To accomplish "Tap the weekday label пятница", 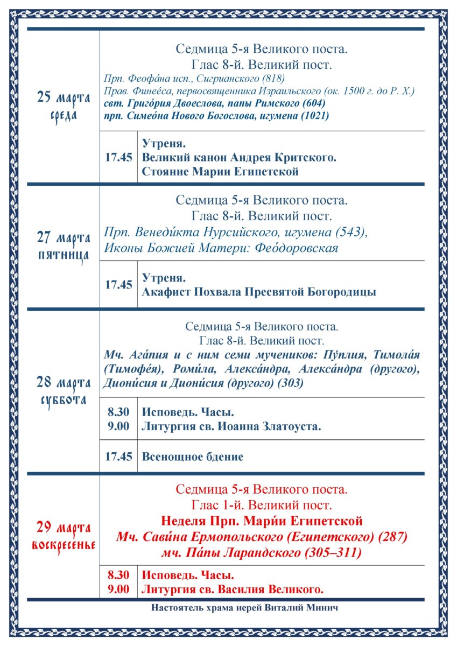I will [x=64, y=255].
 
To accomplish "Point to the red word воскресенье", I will [x=64, y=544].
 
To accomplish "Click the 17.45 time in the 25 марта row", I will [x=118, y=158].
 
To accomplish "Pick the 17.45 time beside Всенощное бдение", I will [x=118, y=457].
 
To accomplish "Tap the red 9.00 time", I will [x=118, y=589].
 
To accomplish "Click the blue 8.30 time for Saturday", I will [x=118, y=412].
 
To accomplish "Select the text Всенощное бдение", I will [x=193, y=457].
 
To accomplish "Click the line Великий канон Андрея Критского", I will [x=239, y=158].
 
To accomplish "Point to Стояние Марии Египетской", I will [x=220, y=172].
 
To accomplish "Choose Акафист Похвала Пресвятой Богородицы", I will [x=259, y=292].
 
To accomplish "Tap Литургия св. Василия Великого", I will [x=233, y=589].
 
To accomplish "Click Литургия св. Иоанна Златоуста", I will [x=231, y=427].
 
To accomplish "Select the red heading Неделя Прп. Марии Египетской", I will [x=262, y=521].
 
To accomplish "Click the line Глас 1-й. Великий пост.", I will [x=262, y=505].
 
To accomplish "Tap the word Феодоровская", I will [x=296, y=248].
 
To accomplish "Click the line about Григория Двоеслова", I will [x=214, y=103].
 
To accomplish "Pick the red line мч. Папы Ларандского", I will [x=262, y=553].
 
